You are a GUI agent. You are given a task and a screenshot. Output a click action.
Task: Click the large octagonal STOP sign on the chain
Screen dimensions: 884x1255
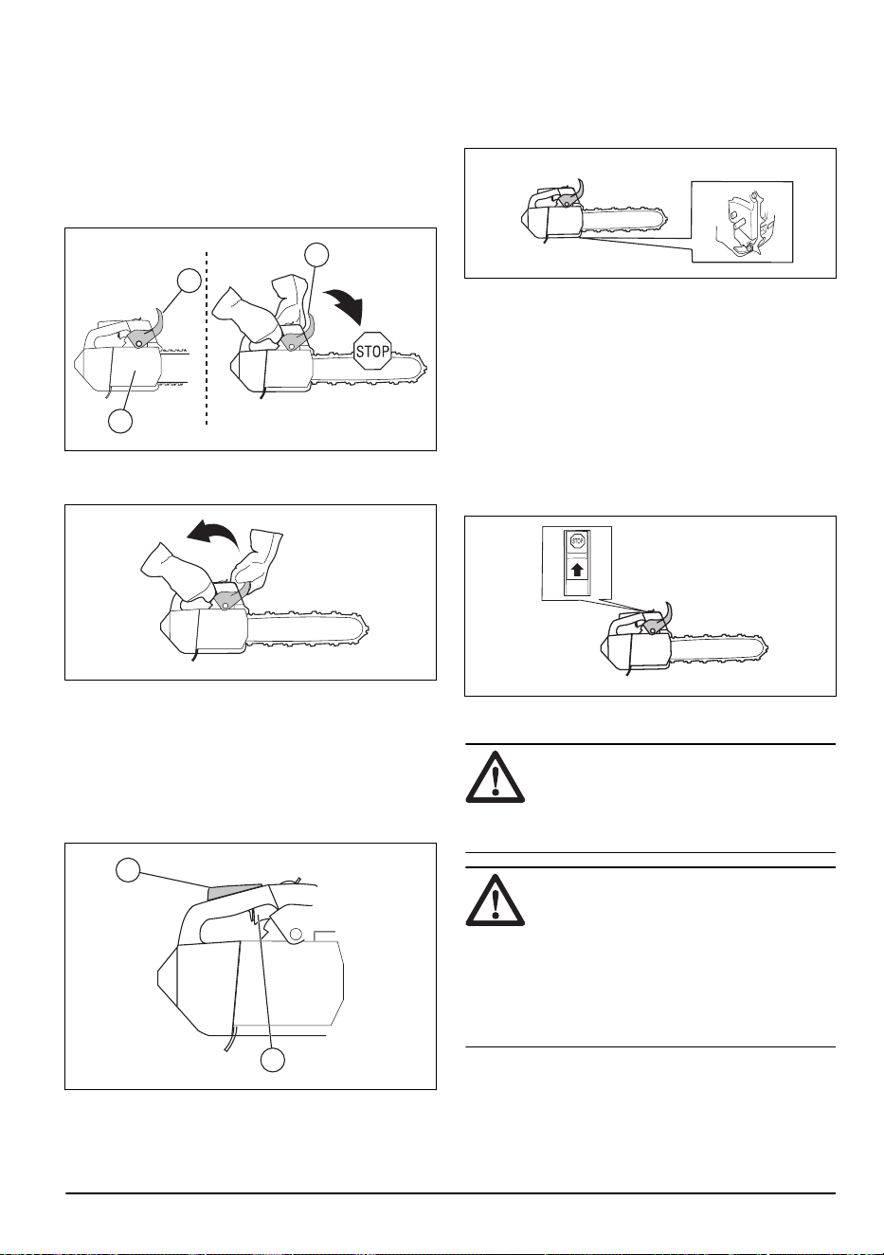click(372, 352)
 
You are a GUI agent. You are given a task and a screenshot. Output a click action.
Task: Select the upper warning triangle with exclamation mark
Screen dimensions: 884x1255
click(496, 777)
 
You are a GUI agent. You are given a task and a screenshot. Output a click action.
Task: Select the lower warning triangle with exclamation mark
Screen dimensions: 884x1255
click(496, 900)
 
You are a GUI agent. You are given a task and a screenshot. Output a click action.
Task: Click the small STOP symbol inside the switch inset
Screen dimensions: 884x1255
click(577, 541)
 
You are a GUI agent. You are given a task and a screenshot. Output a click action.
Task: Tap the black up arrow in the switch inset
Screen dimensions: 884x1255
click(578, 571)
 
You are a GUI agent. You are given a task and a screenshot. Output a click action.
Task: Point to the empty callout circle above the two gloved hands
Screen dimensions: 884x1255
click(316, 255)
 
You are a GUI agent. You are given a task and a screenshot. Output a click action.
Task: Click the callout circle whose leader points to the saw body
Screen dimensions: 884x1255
click(120, 421)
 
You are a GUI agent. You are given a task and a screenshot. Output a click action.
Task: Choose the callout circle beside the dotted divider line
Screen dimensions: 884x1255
click(189, 281)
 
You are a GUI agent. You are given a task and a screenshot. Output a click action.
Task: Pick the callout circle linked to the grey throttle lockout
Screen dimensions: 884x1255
click(128, 871)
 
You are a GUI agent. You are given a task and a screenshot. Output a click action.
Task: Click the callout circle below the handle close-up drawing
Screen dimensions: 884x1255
click(272, 1060)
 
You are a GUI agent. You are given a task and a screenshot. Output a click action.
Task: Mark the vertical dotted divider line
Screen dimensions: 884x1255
click(207, 337)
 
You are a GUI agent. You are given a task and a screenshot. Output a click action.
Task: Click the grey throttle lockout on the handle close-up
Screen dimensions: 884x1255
click(237, 892)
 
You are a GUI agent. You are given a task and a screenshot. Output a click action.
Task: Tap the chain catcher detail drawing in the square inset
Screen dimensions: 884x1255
click(742, 221)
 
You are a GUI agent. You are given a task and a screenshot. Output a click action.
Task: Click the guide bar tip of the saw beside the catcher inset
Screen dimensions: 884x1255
click(666, 217)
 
